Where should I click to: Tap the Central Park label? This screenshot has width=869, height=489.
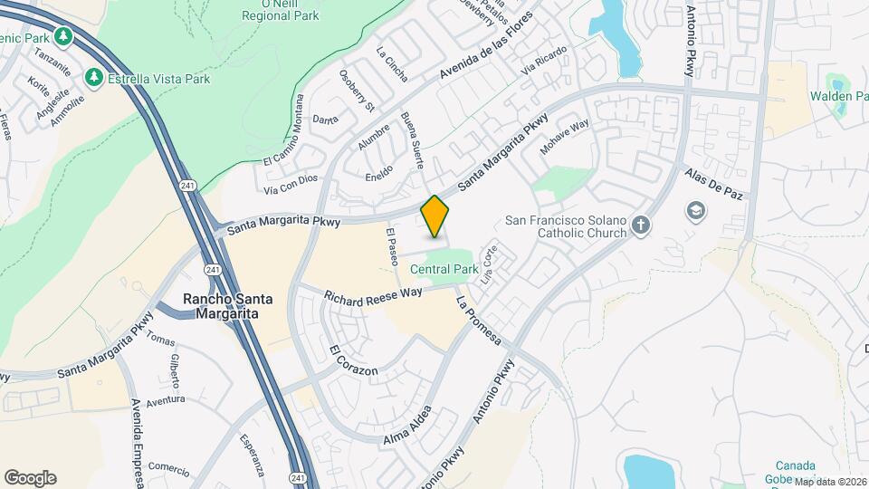coord(444,269)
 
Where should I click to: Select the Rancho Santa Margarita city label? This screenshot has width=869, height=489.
coord(221,306)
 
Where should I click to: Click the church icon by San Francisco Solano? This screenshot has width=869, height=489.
coord(640,225)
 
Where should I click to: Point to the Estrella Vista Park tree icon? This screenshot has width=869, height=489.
coord(93,79)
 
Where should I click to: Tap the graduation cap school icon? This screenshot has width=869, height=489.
coord(697,212)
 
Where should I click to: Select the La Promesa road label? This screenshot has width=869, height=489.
coord(479,320)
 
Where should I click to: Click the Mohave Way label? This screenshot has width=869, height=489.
coord(565,136)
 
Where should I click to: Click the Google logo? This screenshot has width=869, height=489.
coord(30,477)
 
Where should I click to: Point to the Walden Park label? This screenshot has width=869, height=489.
coord(837,96)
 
